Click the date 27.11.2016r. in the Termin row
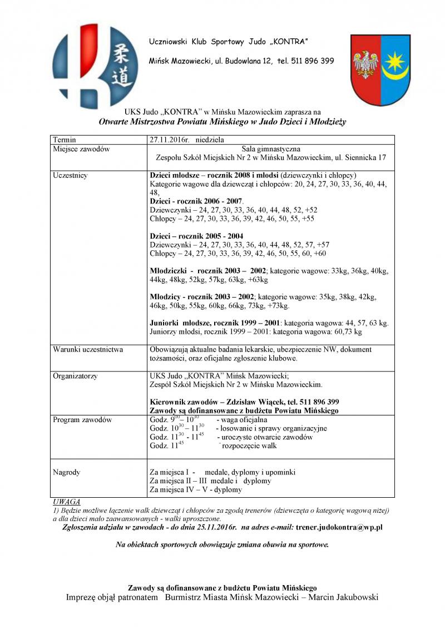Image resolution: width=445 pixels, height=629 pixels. point(170,140)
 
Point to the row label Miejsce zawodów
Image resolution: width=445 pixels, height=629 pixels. point(81,149)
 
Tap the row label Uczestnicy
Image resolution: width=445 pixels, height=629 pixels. point(70,175)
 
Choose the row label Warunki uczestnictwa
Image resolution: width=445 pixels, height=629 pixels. point(88,350)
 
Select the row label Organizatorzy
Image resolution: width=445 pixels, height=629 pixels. point(75,376)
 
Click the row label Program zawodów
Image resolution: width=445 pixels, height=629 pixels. point(82,420)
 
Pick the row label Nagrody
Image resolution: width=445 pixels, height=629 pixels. point(66,472)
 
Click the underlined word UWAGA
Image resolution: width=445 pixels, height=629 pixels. point(66,502)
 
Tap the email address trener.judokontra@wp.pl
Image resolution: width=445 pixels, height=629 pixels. point(339,526)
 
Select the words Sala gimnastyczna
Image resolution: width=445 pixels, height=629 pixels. point(271,149)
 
